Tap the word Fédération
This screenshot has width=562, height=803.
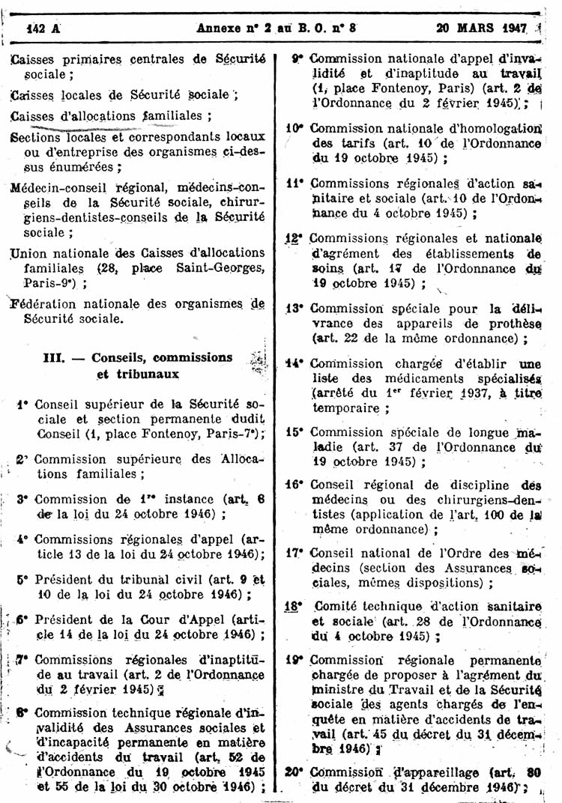[x=48, y=304]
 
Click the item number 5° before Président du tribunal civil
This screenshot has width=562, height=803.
[x=22, y=578]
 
